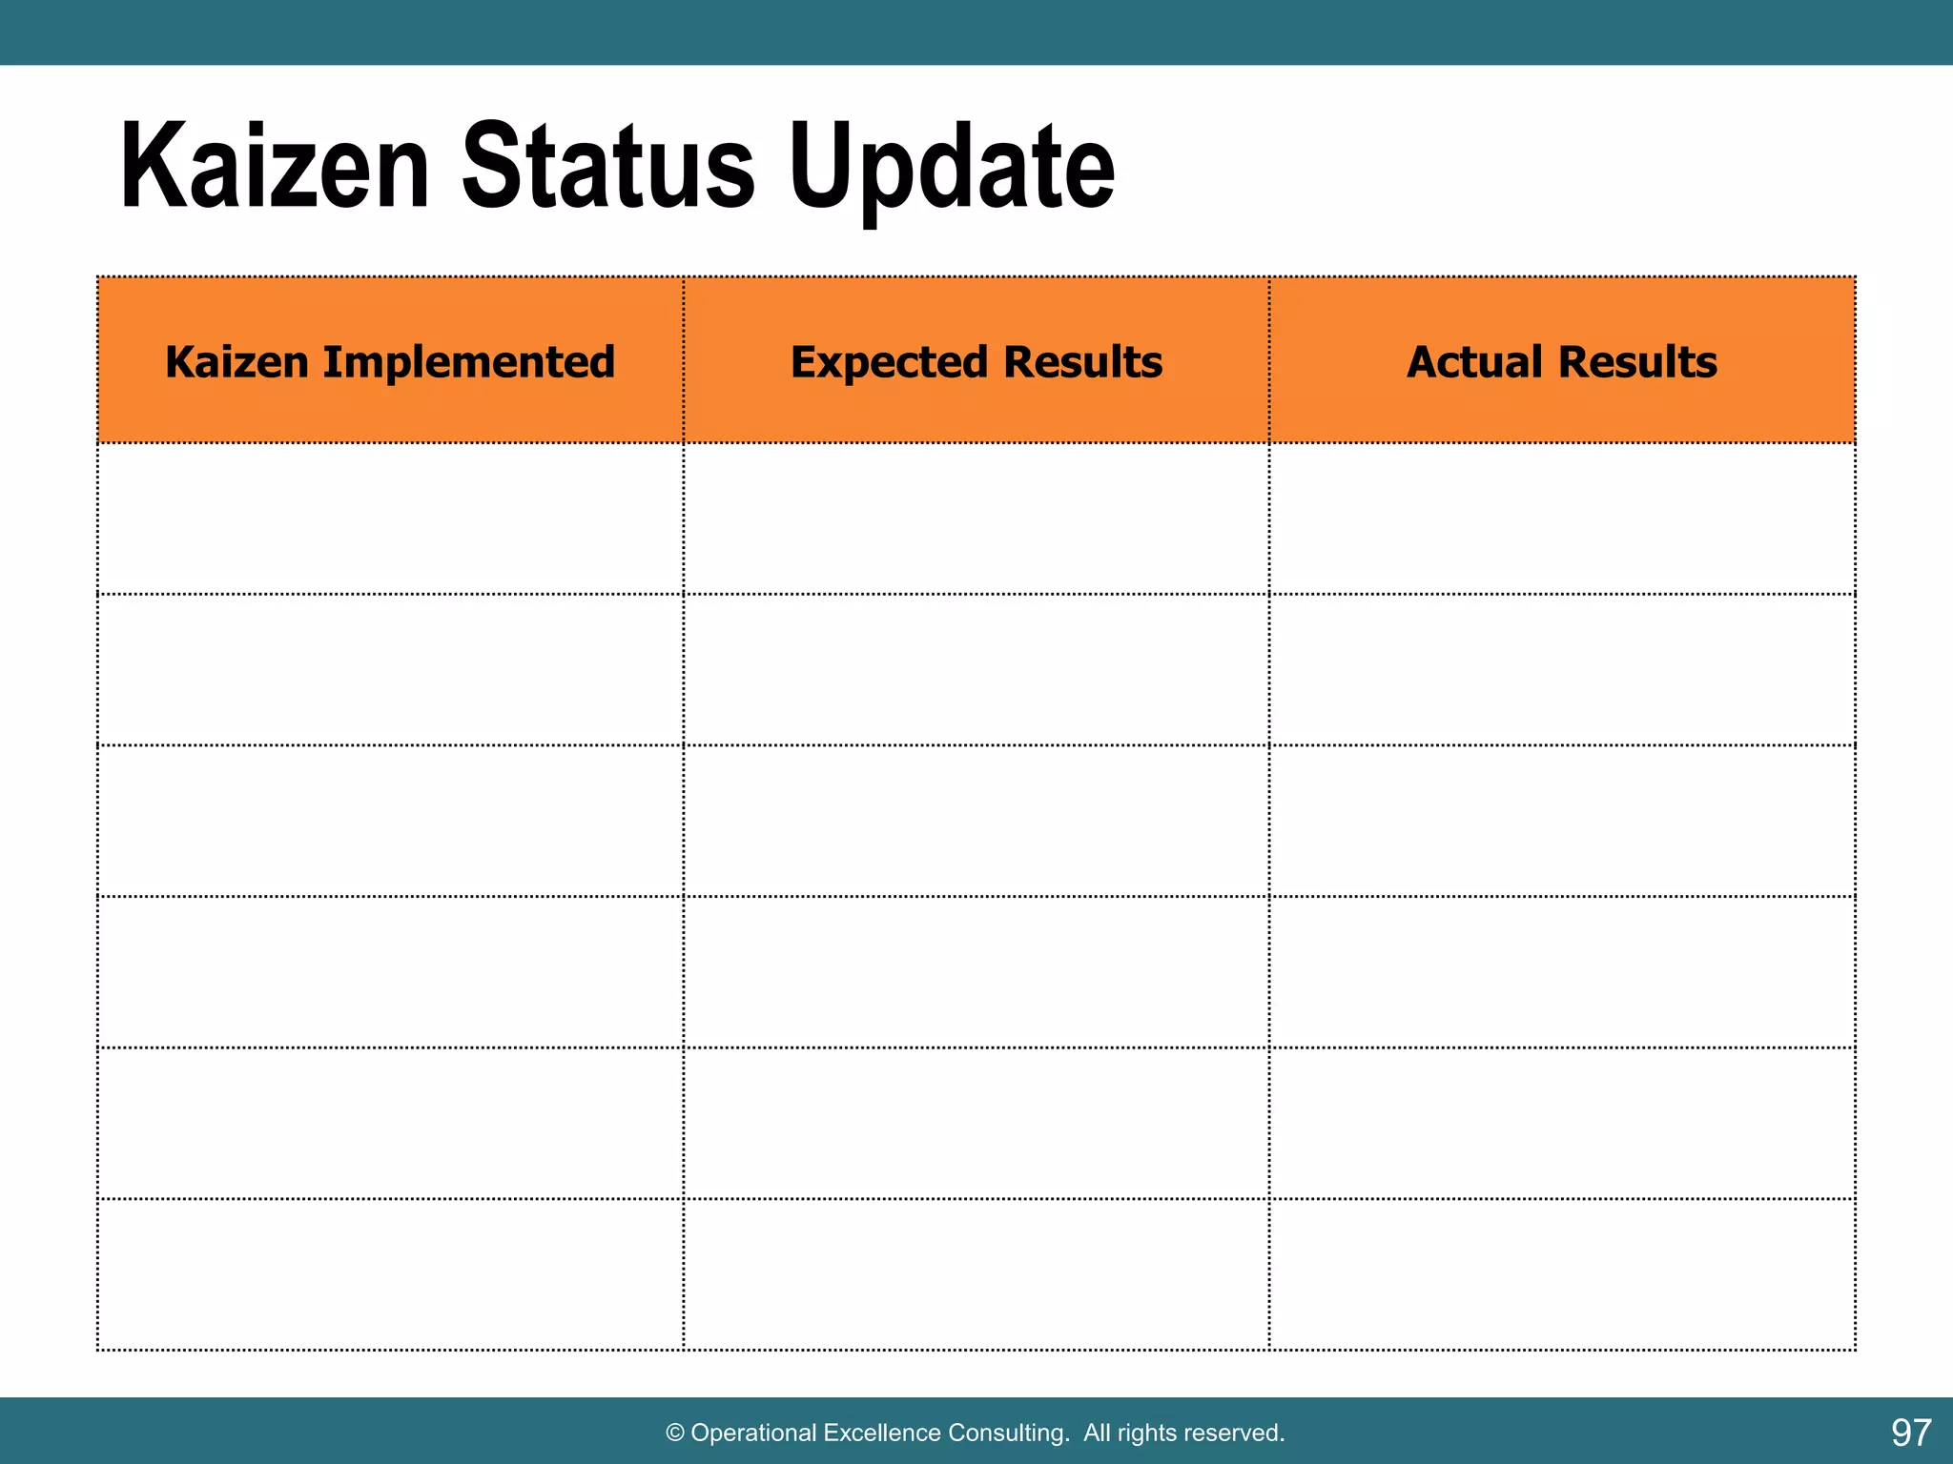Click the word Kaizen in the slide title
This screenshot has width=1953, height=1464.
[x=275, y=168]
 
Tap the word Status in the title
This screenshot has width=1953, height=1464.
[x=608, y=168]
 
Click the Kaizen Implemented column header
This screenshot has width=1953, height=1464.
[x=390, y=362]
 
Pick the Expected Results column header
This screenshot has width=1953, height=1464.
[x=976, y=362]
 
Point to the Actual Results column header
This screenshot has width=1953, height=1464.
[x=1562, y=362]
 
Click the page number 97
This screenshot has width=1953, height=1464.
[x=1910, y=1433]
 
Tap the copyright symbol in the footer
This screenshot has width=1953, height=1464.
[x=675, y=1433]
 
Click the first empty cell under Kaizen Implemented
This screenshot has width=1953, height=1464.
[x=390, y=518]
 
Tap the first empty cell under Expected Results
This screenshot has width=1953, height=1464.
[x=976, y=518]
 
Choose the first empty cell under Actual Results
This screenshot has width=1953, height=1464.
[x=1562, y=518]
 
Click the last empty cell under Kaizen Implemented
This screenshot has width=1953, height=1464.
[x=390, y=1274]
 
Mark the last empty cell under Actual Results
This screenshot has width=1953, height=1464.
[x=1562, y=1274]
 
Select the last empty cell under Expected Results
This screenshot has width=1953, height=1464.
[x=976, y=1274]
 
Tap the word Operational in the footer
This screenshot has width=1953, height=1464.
[x=753, y=1433]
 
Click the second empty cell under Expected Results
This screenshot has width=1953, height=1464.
[x=976, y=670]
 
